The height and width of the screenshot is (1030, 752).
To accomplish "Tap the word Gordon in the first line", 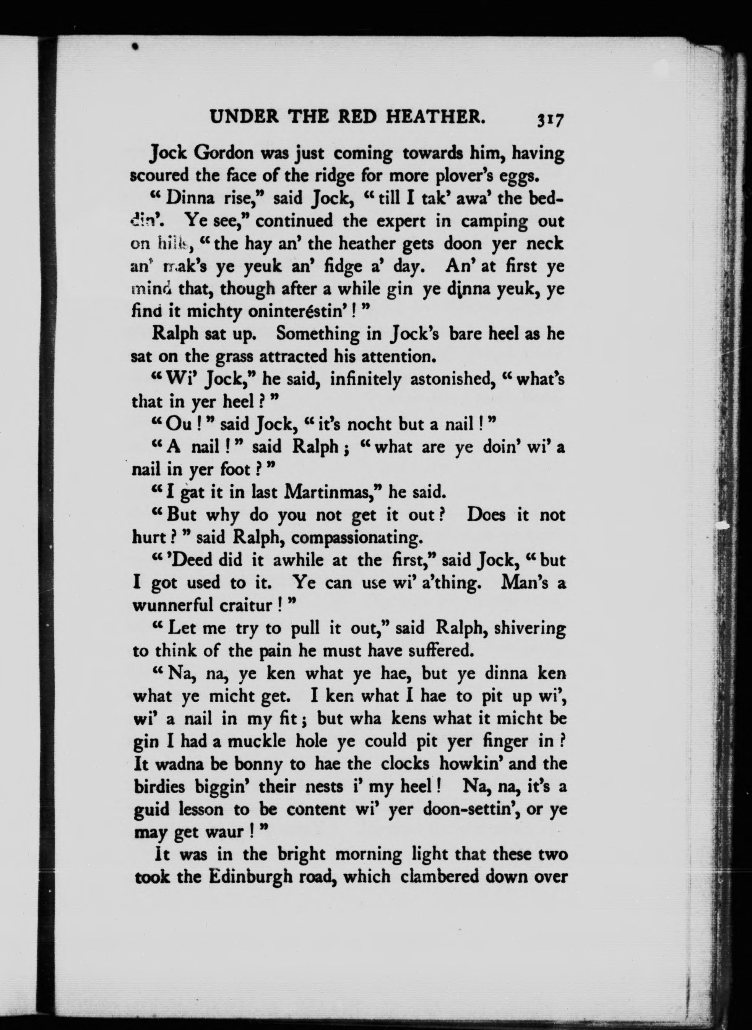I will [x=224, y=153].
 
